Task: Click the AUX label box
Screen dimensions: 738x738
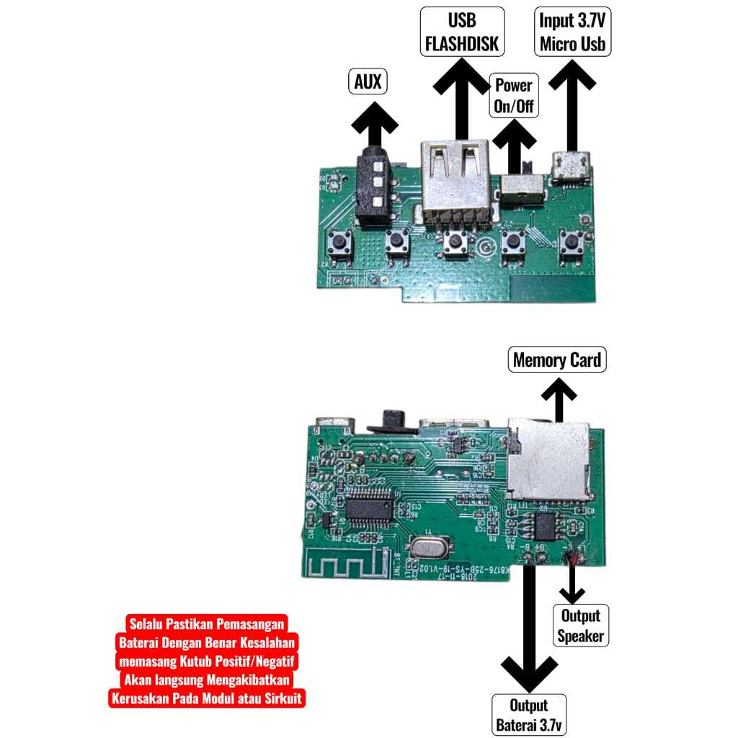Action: click(x=368, y=81)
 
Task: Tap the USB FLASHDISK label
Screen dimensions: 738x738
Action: click(x=462, y=32)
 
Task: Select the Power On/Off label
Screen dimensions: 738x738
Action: click(x=513, y=94)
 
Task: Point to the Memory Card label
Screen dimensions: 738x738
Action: click(x=557, y=360)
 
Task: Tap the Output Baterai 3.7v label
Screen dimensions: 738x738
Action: click(x=529, y=715)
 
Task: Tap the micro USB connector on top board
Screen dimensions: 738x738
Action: click(x=572, y=166)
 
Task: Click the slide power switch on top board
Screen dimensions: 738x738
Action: click(x=520, y=190)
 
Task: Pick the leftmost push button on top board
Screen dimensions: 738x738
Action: click(x=339, y=244)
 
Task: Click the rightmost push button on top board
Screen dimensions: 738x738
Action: click(x=573, y=242)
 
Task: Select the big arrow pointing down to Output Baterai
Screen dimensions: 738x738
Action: click(x=529, y=634)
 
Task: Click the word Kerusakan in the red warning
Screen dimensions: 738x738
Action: click(x=141, y=698)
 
